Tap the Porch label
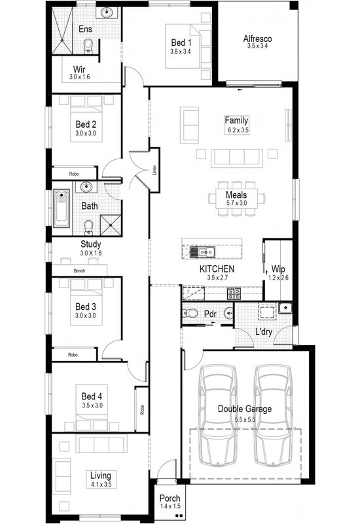[x=170, y=499]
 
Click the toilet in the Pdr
[x=190, y=313]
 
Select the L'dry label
[x=264, y=332]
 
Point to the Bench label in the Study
[x=80, y=270]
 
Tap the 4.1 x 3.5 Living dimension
[x=101, y=485]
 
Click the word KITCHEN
[x=217, y=269]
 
